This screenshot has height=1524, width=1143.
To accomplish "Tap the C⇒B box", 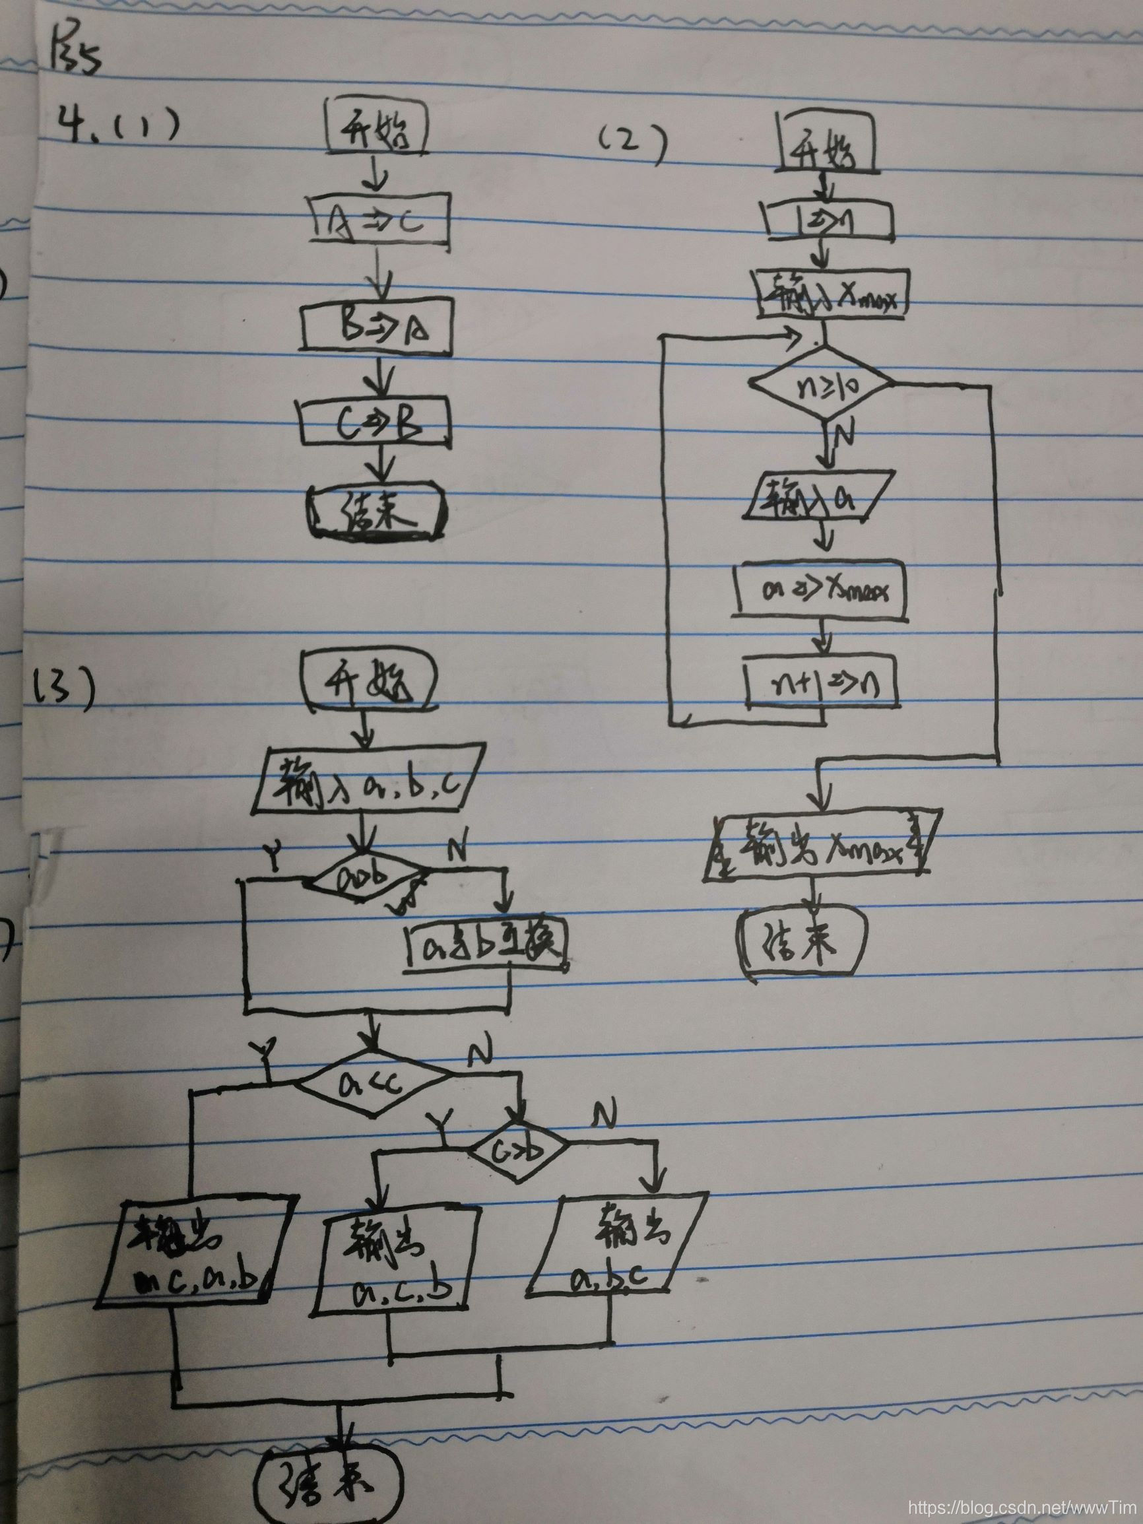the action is [377, 423].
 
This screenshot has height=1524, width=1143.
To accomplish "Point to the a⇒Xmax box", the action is [820, 590].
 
